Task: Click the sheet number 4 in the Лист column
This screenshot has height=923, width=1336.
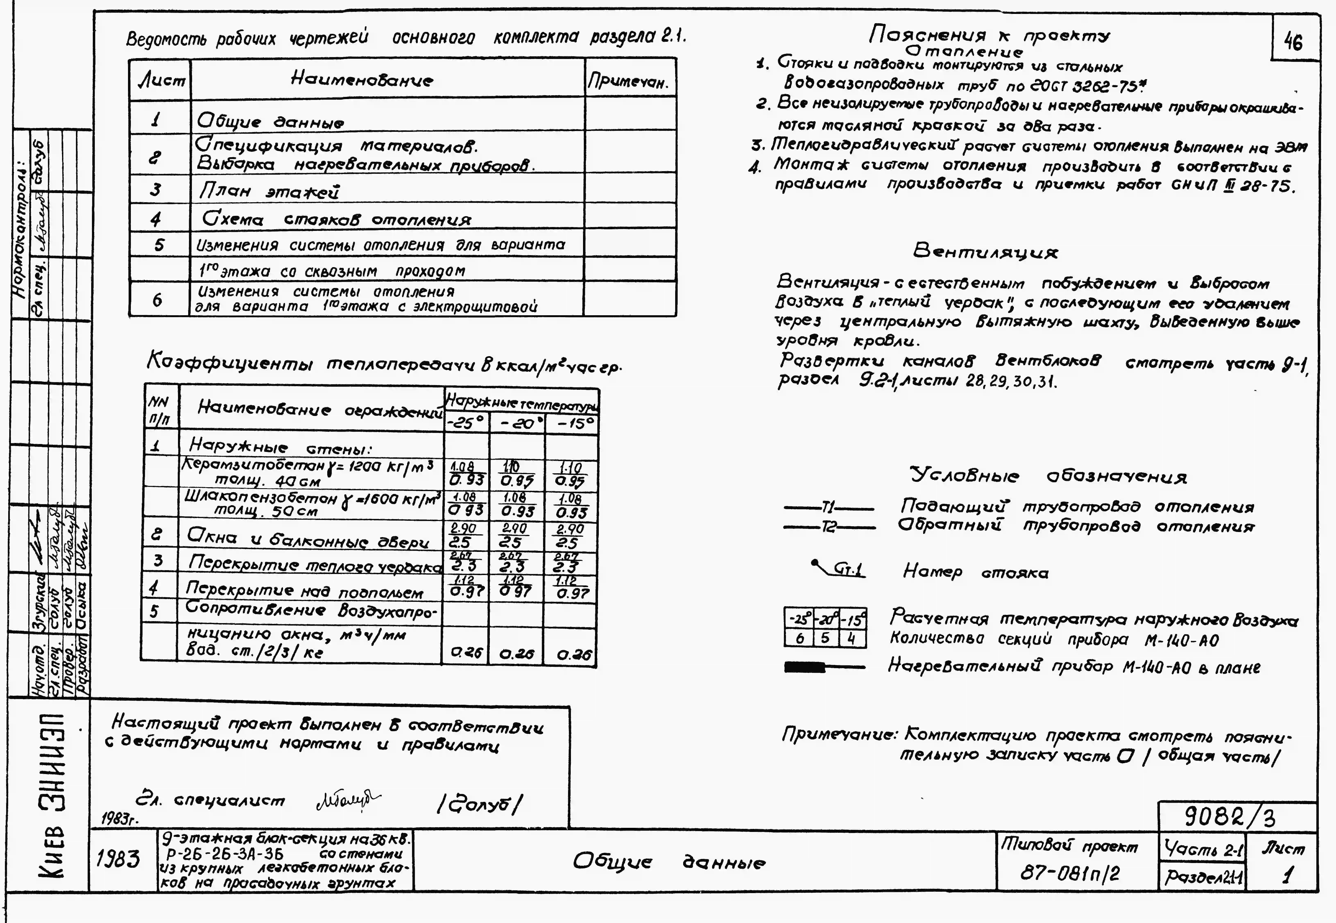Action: point(156,219)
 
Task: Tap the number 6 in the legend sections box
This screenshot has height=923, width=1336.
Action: point(800,638)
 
